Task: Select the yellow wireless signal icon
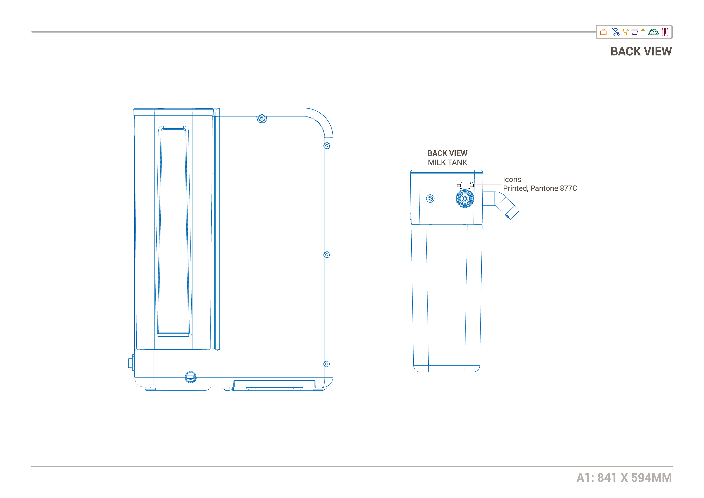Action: pos(626,32)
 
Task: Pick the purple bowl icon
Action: pos(635,32)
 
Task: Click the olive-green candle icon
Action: pos(643,32)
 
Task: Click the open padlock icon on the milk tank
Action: pos(459,184)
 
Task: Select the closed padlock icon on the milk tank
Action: pos(472,184)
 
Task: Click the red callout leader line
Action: pos(488,185)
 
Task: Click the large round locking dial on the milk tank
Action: pos(465,198)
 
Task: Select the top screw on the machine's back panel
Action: pos(262,118)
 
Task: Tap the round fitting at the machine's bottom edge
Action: pos(190,377)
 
